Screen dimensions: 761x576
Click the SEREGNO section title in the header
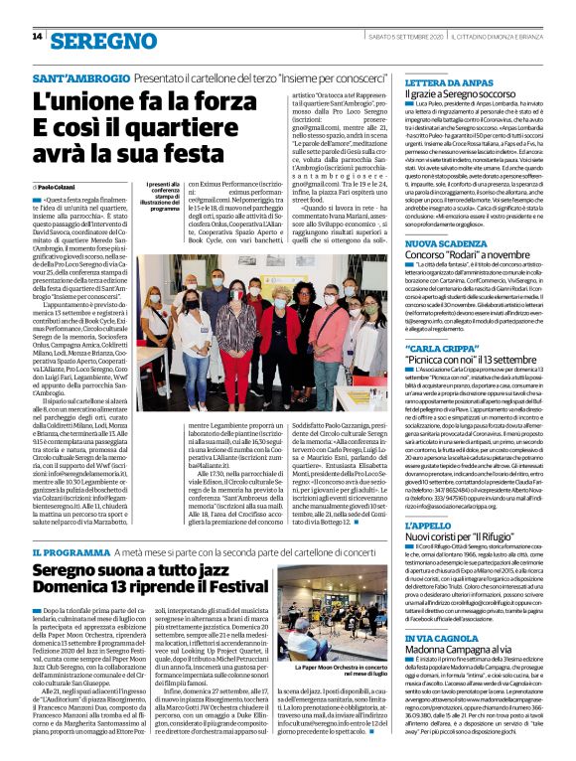click(95, 40)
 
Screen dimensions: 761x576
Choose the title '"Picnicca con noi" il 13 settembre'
click(476, 361)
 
